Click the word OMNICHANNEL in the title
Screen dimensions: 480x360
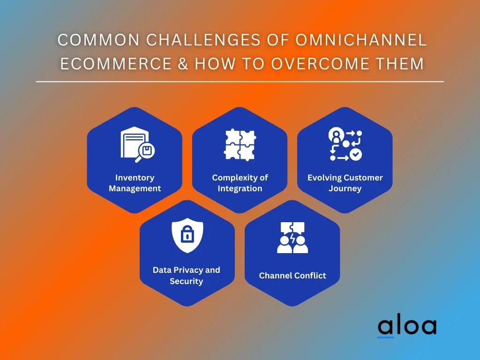tap(361, 40)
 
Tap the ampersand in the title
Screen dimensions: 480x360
tap(183, 64)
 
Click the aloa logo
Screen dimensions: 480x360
tap(407, 326)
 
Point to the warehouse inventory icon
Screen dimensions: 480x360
tap(137, 144)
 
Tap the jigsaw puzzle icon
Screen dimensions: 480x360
tap(240, 144)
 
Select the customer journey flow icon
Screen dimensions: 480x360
tap(345, 144)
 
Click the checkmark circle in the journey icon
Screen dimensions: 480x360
tap(356, 155)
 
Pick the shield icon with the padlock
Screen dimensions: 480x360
tap(187, 235)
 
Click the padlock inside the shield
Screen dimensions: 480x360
tap(187, 234)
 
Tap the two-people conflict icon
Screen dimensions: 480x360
tap(292, 238)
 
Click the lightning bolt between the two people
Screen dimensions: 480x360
tap(292, 238)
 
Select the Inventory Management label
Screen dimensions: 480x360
tap(135, 183)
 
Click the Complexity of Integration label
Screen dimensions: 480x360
tap(240, 183)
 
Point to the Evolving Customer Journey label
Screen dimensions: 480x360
tap(345, 183)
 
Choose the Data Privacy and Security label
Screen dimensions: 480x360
tap(187, 276)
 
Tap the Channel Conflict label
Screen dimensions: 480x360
tap(292, 276)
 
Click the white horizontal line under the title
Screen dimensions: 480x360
tap(240, 82)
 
